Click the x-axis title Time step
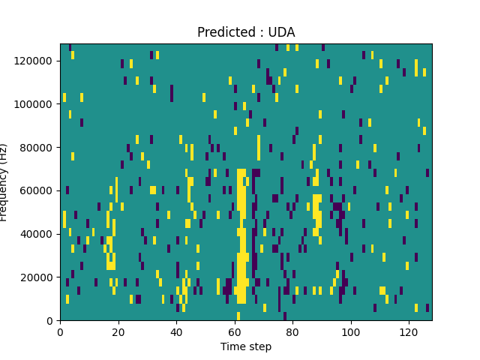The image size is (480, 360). click(246, 346)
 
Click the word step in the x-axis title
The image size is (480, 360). click(259, 347)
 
